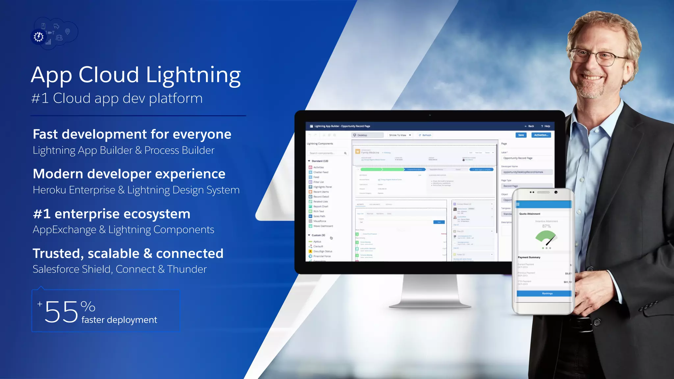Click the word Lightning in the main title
coord(193,75)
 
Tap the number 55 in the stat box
coord(61,312)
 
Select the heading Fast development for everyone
coord(132,134)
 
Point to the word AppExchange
coord(65,230)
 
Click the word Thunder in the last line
coord(187,269)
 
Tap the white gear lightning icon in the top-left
coord(39,37)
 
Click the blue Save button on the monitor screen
coord(521,135)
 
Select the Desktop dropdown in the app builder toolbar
coord(367,135)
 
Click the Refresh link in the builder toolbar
coord(425,135)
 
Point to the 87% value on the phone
coord(546,226)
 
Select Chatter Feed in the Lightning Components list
coord(321,172)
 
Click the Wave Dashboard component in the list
coord(323,226)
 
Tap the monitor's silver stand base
coord(430,304)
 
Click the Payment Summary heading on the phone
coord(529,257)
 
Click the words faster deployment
coord(119,320)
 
